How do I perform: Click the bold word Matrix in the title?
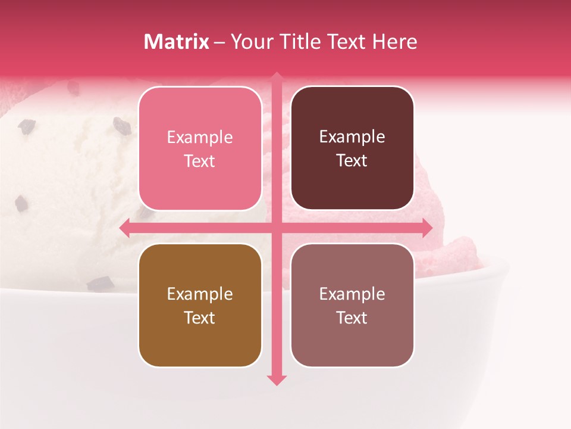click(x=177, y=42)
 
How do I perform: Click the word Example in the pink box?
click(x=200, y=138)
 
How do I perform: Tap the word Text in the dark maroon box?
click(x=352, y=161)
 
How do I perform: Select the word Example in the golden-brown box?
click(x=200, y=294)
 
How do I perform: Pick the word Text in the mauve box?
click(x=352, y=318)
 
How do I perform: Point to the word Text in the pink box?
click(x=200, y=161)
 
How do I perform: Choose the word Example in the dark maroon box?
click(x=352, y=137)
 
